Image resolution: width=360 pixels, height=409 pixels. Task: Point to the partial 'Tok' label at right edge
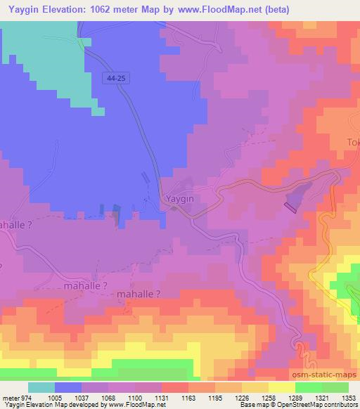352,143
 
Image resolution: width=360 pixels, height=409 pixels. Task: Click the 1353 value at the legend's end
349,398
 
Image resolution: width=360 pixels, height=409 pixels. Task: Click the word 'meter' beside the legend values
8,398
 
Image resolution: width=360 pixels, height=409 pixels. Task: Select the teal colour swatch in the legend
41,387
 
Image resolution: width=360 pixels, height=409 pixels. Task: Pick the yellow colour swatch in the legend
281,387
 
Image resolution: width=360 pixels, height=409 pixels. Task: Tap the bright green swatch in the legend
308,387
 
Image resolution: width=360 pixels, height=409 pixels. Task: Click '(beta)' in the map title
272,9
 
